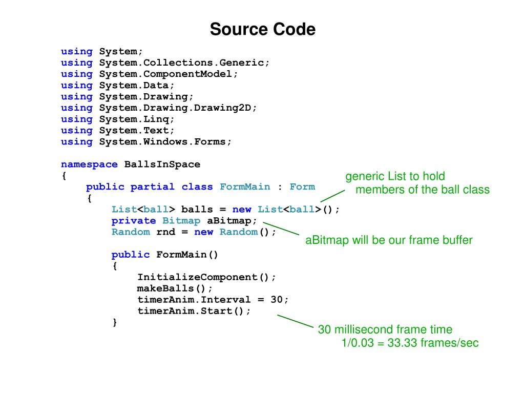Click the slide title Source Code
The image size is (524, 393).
[x=262, y=29]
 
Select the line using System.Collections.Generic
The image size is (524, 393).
[x=165, y=63]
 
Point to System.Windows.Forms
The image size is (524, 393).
[x=165, y=141]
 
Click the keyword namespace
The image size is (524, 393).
[x=89, y=164]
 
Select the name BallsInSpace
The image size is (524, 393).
[x=162, y=164]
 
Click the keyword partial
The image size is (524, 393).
[x=152, y=187]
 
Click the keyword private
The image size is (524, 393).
[x=134, y=221]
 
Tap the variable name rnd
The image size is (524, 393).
[x=165, y=232]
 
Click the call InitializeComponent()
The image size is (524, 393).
[x=206, y=277]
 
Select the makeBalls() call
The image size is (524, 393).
[x=175, y=288]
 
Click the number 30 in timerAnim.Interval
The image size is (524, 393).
[x=277, y=300]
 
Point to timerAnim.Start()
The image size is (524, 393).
[x=194, y=311]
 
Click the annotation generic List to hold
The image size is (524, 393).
[x=395, y=177]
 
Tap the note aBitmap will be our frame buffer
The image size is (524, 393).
[x=389, y=240]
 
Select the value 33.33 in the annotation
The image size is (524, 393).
[x=402, y=343]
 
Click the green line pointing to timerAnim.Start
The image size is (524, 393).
[x=295, y=321]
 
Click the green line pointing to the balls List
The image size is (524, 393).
[x=332, y=195]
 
